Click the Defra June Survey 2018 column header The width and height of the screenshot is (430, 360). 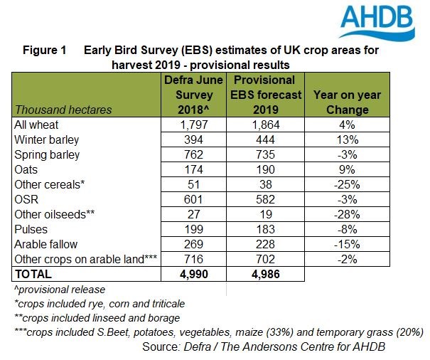pyautogui.click(x=194, y=95)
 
